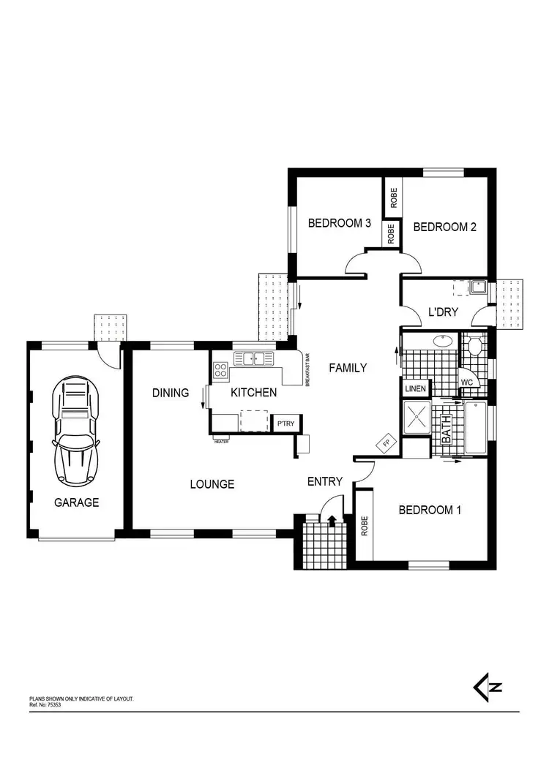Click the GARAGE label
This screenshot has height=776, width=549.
click(76, 502)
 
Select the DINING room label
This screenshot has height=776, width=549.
click(171, 393)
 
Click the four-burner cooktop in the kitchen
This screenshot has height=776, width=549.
click(221, 370)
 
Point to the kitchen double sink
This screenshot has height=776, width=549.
click(253, 358)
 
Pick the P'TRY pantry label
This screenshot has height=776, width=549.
click(283, 423)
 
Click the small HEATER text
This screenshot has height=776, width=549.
click(221, 440)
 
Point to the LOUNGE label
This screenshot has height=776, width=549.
click(212, 484)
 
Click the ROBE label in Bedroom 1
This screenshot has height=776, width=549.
click(364, 527)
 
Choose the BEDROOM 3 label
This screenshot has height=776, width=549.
click(340, 224)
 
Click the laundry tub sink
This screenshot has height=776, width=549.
click(479, 287)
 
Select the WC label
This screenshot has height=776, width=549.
click(466, 382)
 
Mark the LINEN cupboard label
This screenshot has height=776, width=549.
click(415, 388)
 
